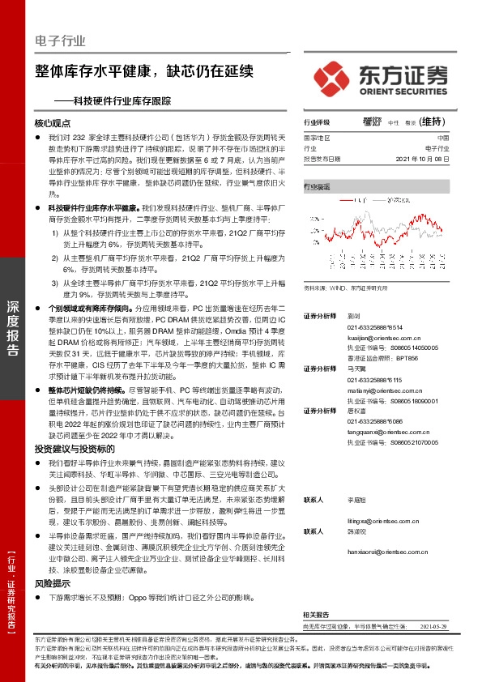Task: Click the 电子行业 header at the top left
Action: [x=60, y=41]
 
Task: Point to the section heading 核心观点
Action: [x=53, y=124]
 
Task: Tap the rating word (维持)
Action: [x=435, y=122]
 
